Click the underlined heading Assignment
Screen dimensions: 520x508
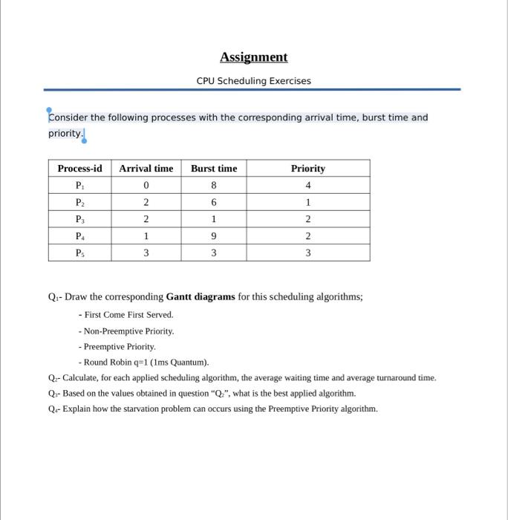253,57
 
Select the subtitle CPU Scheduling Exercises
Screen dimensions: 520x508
253,80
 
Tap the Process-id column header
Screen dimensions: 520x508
79,169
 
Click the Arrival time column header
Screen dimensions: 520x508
146,169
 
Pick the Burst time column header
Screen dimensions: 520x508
214,169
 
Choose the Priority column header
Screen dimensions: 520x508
307,169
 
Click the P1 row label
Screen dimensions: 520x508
79,185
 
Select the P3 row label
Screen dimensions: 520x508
79,219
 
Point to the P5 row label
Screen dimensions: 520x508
79,253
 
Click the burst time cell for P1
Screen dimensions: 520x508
214,185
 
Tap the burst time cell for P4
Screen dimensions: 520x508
214,236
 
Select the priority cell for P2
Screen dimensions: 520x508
307,202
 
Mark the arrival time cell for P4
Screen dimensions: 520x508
146,236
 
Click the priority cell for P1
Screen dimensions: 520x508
307,185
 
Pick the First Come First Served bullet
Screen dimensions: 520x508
126,314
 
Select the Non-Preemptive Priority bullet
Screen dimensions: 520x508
126,331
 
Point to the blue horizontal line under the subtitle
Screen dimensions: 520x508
253,89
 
